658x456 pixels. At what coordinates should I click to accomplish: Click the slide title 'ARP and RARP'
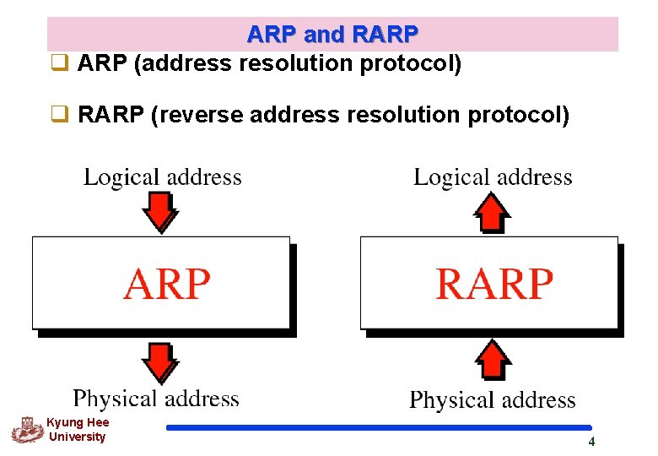[x=332, y=35]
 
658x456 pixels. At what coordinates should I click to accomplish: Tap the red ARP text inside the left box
[x=166, y=284]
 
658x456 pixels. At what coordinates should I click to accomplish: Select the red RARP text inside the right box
[x=494, y=284]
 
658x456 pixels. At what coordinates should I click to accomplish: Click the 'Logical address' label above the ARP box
[x=162, y=177]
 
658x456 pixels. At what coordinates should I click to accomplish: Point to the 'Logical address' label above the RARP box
[x=493, y=177]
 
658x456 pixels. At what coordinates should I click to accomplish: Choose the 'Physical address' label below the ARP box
[x=156, y=399]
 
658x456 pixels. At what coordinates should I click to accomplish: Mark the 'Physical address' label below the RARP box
[x=493, y=399]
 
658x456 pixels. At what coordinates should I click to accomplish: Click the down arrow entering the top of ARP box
[x=159, y=212]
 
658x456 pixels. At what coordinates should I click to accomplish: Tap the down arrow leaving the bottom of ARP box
[x=159, y=361]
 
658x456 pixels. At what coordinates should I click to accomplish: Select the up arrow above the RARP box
[x=492, y=212]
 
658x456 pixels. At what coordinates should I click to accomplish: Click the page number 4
[x=591, y=442]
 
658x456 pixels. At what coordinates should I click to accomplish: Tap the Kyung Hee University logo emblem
[x=27, y=430]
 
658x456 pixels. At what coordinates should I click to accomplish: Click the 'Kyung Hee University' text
[x=78, y=430]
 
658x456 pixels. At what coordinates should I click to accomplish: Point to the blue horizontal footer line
[x=379, y=427]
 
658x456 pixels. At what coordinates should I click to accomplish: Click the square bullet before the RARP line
[x=59, y=114]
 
